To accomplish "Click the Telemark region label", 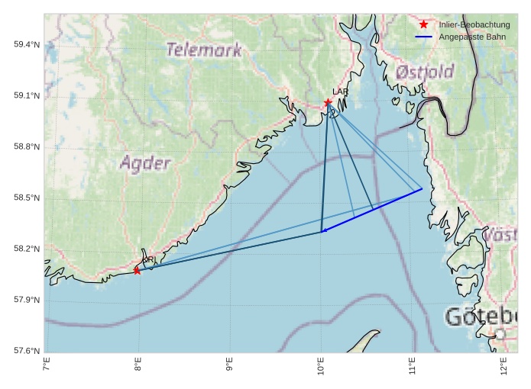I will click(203, 50).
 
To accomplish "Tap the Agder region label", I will click(145, 162).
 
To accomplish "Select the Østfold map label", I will click(425, 72).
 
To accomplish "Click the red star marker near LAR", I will click(328, 103).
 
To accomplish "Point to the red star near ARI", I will click(137, 271).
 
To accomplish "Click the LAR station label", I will click(340, 92).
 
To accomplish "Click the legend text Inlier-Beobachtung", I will click(474, 25).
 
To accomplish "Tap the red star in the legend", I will click(424, 25).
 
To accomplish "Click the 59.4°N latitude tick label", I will click(27, 44).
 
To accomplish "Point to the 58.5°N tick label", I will click(27, 198).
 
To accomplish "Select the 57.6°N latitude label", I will click(27, 351).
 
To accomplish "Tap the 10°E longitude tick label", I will click(321, 368).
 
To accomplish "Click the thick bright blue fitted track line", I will click(374, 209).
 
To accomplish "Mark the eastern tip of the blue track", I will click(422, 189).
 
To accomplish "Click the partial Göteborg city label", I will click(481, 317).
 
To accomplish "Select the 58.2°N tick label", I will click(27, 249).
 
